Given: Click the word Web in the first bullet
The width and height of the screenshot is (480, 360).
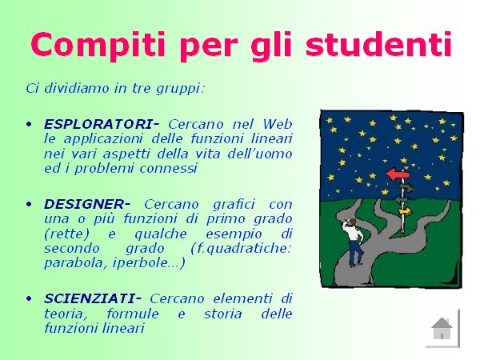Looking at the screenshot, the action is tap(278, 124).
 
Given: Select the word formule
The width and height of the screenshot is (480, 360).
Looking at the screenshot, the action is tap(133, 314).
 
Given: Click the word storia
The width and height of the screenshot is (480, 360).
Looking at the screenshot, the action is tap(223, 314).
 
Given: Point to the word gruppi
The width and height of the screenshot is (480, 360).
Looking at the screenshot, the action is tap(180, 89).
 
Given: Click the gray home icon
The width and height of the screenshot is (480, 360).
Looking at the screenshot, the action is tap(442, 328).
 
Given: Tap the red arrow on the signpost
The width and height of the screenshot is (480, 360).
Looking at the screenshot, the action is tap(398, 174).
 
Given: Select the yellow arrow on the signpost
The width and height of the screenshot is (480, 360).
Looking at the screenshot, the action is tap(406, 211).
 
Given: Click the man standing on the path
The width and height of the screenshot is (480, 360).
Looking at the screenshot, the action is tap(354, 242).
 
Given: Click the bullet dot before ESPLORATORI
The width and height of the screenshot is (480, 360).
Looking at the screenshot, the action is tap(29, 125).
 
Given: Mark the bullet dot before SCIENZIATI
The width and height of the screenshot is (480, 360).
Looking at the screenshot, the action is tap(29, 298).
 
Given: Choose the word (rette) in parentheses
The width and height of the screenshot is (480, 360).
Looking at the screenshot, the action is tap(66, 234).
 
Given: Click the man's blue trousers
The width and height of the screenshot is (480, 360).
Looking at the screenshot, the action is tap(356, 252).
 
